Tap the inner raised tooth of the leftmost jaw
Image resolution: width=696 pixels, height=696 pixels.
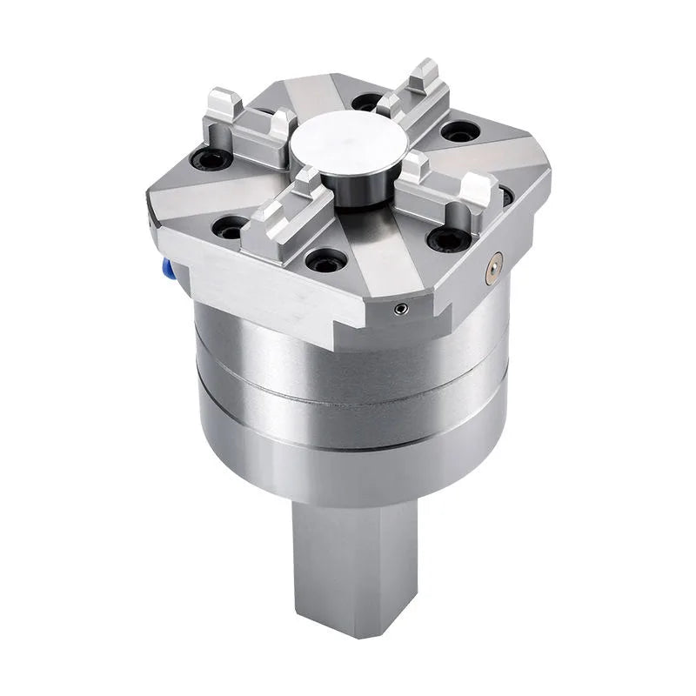tap(280, 126)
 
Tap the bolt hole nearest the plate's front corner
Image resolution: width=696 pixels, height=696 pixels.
tap(326, 258)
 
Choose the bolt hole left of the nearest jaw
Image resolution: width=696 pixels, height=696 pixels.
tap(230, 229)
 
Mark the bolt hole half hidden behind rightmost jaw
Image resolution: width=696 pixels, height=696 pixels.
tap(505, 197)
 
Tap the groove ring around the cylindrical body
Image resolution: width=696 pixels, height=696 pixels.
tap(348, 387)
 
